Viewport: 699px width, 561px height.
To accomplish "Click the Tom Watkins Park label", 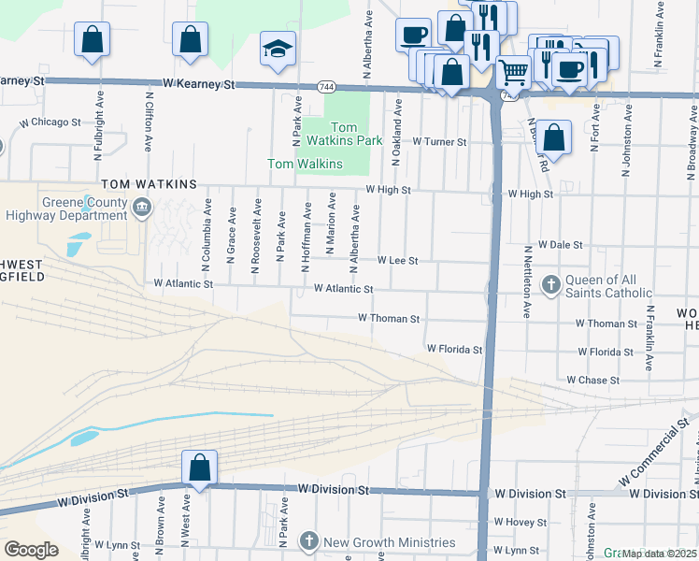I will click(344, 134).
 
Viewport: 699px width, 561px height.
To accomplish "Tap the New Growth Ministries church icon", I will click(309, 542).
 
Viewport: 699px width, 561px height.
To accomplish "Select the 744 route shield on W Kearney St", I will click(326, 86).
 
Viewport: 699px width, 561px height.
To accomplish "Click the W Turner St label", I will click(439, 141).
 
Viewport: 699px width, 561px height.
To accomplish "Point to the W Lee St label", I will click(397, 260).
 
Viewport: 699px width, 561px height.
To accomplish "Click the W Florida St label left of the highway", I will click(454, 349).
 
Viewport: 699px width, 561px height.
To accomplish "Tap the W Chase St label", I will click(593, 381).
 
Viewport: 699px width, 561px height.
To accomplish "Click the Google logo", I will click(32, 549).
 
